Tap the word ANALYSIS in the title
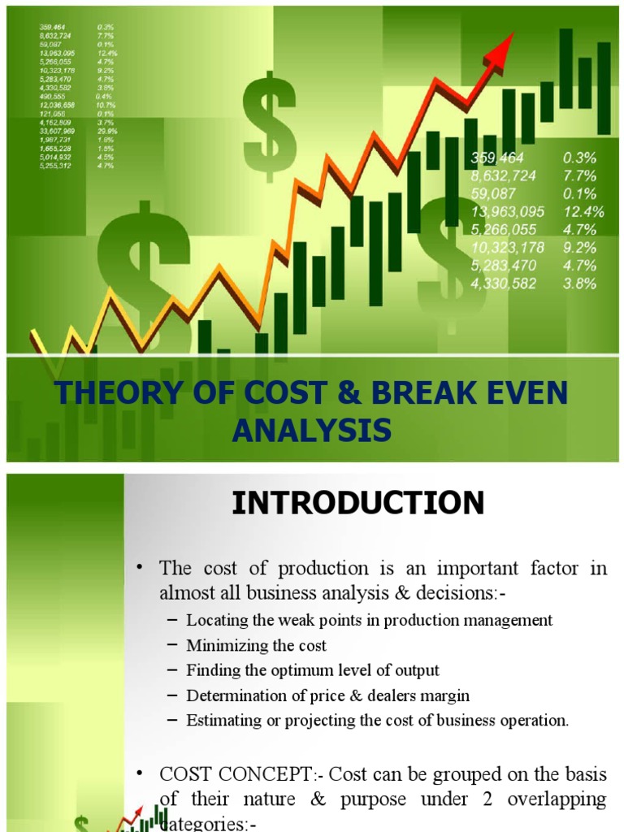tap(311, 429)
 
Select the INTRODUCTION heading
tap(358, 503)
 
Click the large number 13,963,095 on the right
tap(508, 212)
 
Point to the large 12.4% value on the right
tap(584, 212)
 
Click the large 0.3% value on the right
tap(579, 158)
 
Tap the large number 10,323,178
tap(508, 248)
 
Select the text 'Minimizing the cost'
tap(256, 646)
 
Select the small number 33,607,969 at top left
tap(57, 130)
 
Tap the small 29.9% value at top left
tap(106, 130)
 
